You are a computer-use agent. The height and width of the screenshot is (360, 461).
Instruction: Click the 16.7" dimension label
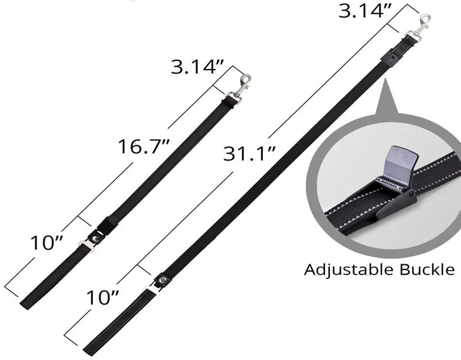[x=144, y=146]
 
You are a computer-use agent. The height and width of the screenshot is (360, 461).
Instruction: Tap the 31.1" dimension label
[x=249, y=154]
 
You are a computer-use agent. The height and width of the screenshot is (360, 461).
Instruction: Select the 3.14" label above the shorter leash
[x=198, y=67]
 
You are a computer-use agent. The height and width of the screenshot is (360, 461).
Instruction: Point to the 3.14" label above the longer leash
[x=365, y=11]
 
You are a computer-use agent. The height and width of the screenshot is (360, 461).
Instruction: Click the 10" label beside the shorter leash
[x=47, y=243]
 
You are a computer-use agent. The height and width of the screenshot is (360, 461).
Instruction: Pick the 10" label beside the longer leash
[x=102, y=298]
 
